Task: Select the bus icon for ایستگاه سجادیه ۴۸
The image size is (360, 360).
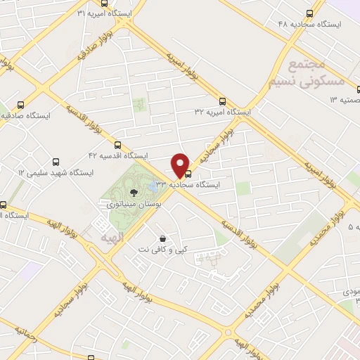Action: click(x=310, y=13)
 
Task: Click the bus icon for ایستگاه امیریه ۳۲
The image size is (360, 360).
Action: click(x=222, y=101)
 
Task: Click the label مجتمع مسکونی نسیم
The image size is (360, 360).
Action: click(x=307, y=74)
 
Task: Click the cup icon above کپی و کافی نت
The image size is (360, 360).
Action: click(x=162, y=239)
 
